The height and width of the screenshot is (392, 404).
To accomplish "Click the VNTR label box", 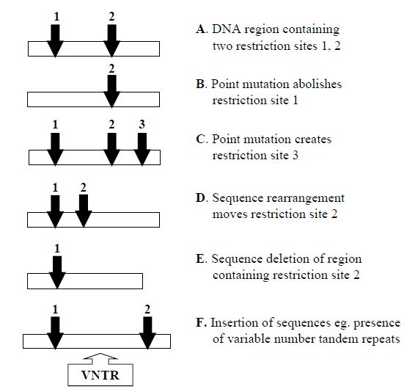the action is pos(100,375).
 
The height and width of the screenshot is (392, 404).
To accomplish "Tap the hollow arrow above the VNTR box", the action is pos(100,357).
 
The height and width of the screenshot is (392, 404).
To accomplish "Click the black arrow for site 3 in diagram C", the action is pos(142,149).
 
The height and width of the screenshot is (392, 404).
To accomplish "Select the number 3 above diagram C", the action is pos(142,125).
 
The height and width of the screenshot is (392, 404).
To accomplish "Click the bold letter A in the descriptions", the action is pos(201,29).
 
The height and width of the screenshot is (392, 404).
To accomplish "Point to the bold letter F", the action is pos(200,323).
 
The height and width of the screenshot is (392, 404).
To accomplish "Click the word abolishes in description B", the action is pos(317,84).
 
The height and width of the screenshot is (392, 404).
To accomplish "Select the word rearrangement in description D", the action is pos(305,199).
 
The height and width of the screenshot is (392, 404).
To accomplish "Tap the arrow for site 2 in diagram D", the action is pos(84,211).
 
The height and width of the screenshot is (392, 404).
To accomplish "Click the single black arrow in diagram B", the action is pos(112,91).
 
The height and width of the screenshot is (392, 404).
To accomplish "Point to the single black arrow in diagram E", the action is pos(57,272).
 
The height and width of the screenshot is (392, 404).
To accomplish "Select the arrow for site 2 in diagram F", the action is pos(147,333).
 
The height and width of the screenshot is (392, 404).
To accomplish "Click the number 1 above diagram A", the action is pos(56,17).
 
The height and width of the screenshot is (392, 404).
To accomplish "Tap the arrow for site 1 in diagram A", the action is pos(55,41).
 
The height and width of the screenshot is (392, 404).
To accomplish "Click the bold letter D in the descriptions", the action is pos(201,198).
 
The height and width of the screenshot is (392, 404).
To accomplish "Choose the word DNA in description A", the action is pos(227,29).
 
